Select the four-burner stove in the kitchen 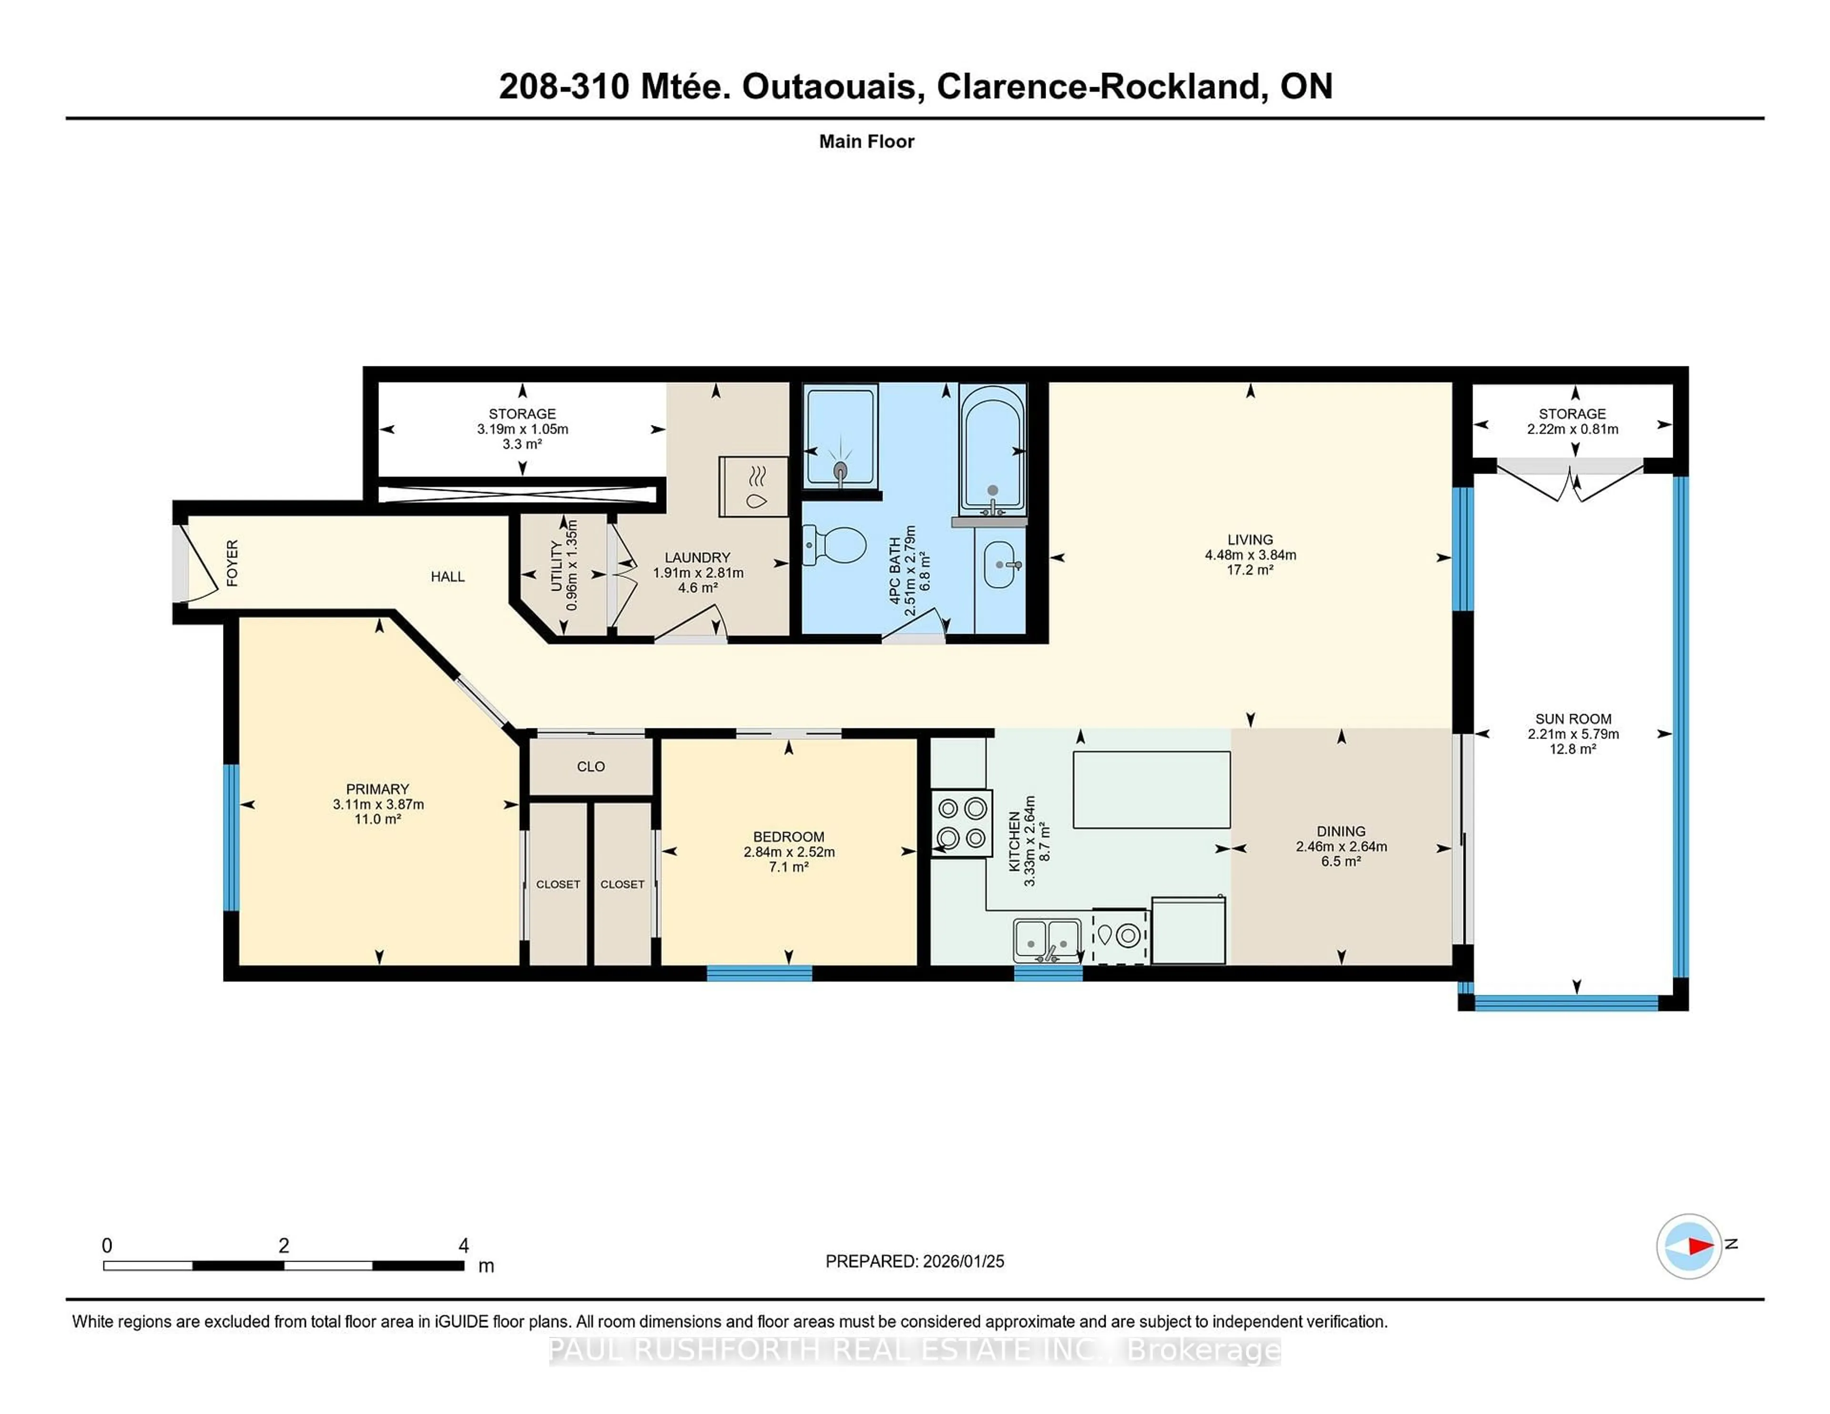[x=962, y=823]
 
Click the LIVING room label [x=1250, y=539]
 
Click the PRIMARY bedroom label [x=377, y=789]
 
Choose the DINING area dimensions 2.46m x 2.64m [x=1341, y=846]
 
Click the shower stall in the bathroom [x=841, y=435]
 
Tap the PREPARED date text [x=914, y=1261]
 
